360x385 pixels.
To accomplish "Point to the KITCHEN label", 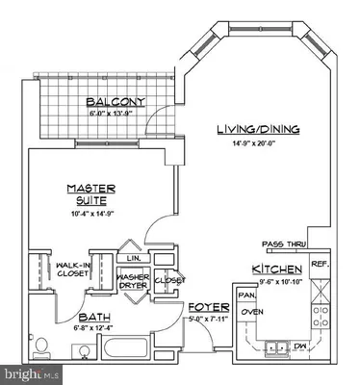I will (x=277, y=269).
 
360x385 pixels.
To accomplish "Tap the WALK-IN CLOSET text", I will (x=73, y=268).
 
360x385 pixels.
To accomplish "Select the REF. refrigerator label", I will (x=321, y=263).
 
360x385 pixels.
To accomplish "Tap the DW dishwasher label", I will (x=299, y=346).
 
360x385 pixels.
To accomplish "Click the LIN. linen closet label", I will (x=133, y=258).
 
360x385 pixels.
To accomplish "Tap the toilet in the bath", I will (x=40, y=346).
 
